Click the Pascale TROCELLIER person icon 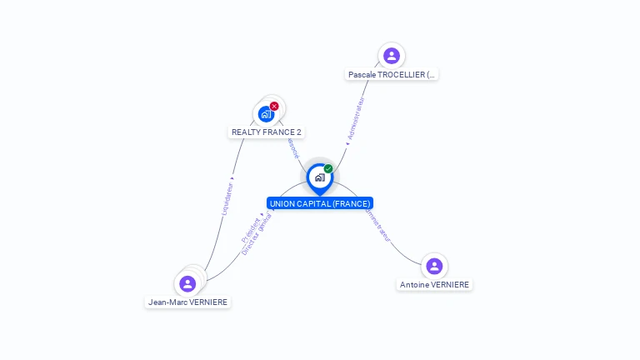tap(392, 56)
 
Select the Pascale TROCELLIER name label tap(392, 75)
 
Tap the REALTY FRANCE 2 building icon tap(266, 114)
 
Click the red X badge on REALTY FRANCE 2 tap(274, 106)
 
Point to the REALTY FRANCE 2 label tap(267, 132)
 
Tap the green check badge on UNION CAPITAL tap(328, 169)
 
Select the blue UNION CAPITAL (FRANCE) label tap(320, 203)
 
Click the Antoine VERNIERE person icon tap(434, 267)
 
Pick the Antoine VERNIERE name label tap(434, 285)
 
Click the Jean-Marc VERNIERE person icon tap(187, 284)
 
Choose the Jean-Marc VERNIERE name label tap(187, 302)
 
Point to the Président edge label tap(249, 228)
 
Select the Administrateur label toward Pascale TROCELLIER tap(356, 120)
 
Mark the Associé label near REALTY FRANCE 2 tap(292, 147)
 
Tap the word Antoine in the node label tap(414, 285)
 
